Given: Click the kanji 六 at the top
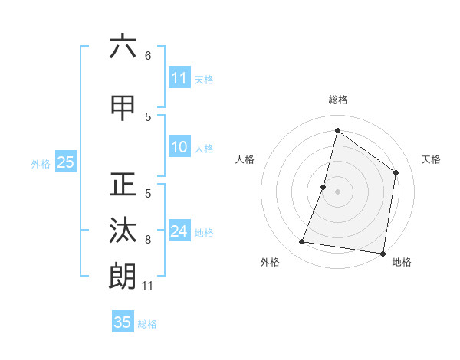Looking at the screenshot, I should point(123,47).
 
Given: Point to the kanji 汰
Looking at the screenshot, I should point(123,231).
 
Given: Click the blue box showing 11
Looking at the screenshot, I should point(179,78).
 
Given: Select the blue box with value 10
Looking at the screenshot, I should point(179,148).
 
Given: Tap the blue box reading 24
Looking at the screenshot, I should point(179,231).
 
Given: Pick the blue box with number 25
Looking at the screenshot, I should point(65,162).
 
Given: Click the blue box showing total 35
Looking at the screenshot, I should point(123,322).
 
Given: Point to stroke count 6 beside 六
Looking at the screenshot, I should point(148,56).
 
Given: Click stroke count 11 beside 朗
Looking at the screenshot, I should point(148,286).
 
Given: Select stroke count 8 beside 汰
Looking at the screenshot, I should point(148,240).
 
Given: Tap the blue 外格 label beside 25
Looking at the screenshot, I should point(41,163).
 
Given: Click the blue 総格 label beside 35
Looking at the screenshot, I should point(148,323).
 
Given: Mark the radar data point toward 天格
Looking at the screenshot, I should point(396,172).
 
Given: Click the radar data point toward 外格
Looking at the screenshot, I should point(302,242).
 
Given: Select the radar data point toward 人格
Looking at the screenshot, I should point(324,187).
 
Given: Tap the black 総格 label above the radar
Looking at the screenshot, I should point(337,100).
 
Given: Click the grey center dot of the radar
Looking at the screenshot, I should point(337,191).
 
